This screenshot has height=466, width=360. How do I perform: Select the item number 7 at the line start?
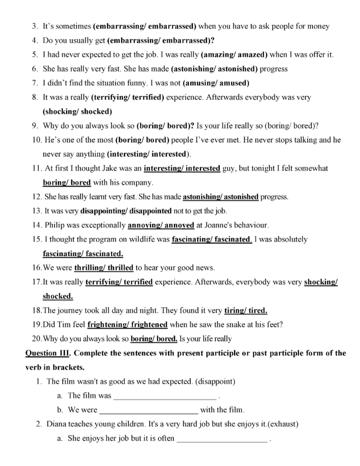(x=35, y=83)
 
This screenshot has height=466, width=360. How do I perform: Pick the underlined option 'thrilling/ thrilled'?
(x=104, y=268)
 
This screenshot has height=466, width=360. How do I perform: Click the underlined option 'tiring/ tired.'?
(x=246, y=311)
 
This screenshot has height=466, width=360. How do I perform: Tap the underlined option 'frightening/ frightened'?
(x=127, y=325)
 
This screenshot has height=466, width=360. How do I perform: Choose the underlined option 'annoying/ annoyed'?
(x=161, y=225)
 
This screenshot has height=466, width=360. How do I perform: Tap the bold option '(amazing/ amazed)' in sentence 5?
(x=234, y=55)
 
